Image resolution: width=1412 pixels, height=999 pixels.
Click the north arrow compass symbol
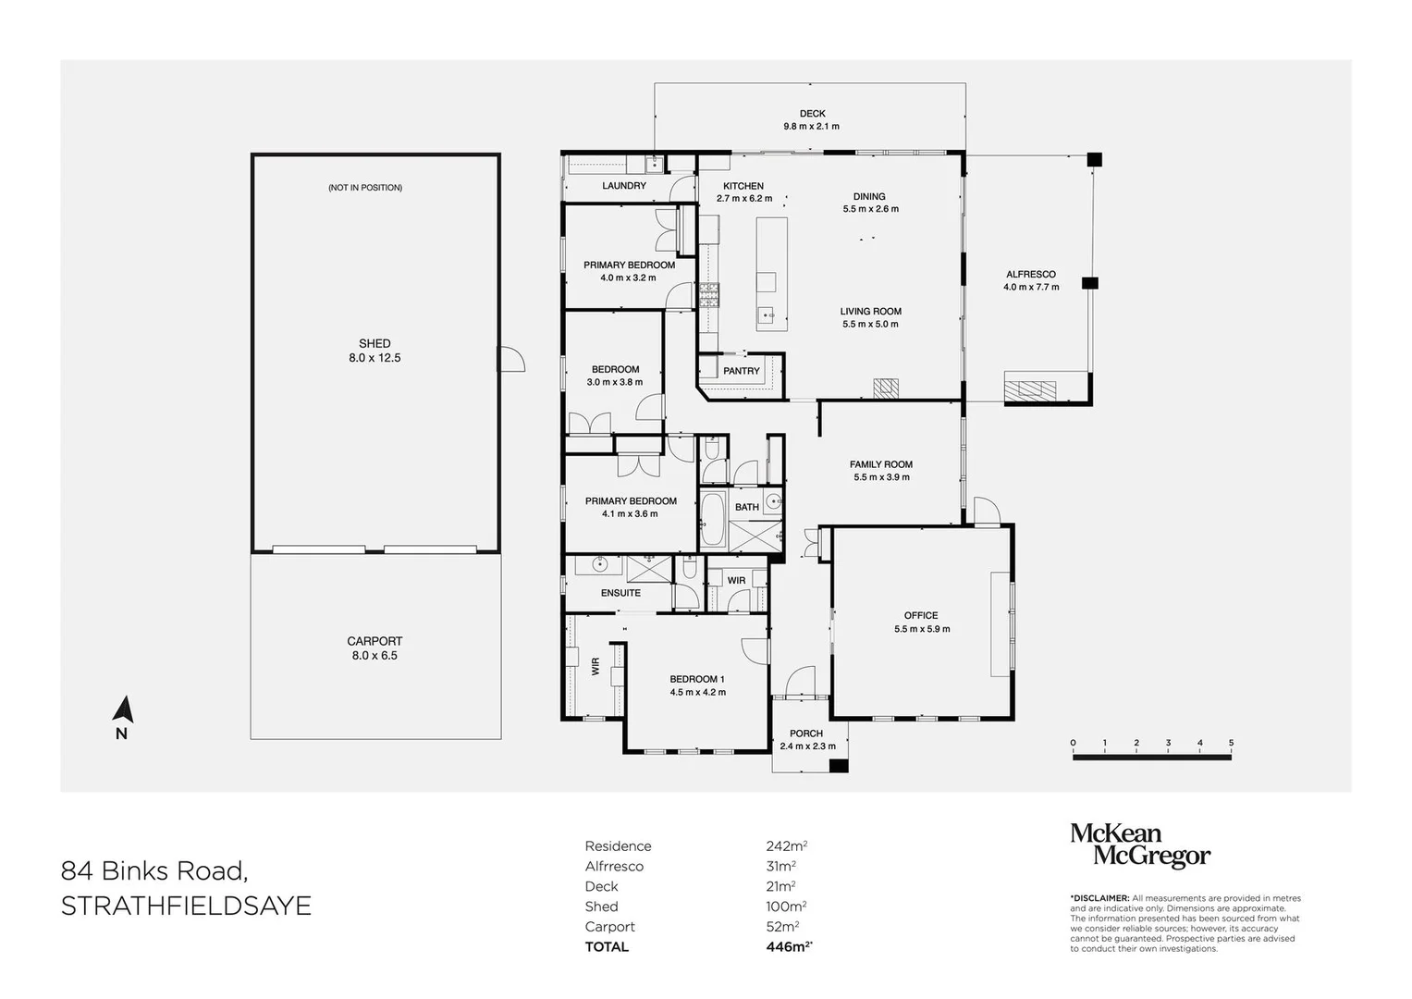123,710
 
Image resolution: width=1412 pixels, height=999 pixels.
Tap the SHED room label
374,343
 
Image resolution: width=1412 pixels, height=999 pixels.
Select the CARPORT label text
374,641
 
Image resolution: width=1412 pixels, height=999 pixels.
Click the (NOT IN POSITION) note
365,188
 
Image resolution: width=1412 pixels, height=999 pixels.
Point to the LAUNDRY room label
624,186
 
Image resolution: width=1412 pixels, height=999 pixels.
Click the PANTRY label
742,371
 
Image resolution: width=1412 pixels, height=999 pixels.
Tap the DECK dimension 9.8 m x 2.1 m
811,127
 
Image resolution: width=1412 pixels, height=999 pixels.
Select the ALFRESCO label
1031,275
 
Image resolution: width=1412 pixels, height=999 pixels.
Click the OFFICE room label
921,615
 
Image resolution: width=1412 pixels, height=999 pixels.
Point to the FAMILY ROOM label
881,465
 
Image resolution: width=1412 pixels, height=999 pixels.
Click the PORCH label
806,734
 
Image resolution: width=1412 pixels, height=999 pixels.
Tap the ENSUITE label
620,593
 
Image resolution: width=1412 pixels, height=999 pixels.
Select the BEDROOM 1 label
697,679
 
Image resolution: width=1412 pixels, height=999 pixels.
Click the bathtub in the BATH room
712,521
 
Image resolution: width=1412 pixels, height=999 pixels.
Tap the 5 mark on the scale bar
1231,743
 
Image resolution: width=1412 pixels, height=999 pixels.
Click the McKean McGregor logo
1139,845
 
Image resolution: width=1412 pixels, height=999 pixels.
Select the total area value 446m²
789,946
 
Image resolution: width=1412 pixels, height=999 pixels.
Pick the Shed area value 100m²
786,906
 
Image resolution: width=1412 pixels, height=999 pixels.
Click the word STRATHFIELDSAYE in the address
186,906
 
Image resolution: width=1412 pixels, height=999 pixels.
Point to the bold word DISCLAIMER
1099,898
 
